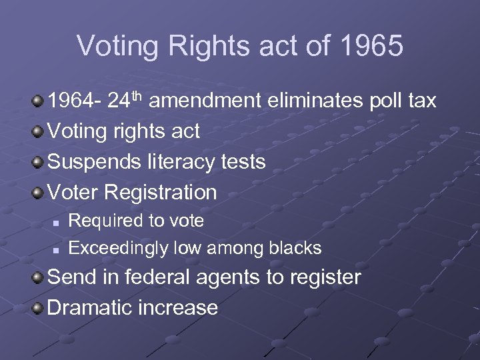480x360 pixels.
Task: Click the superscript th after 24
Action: pyautogui.click(x=138, y=95)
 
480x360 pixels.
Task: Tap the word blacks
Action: pyautogui.click(x=295, y=248)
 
